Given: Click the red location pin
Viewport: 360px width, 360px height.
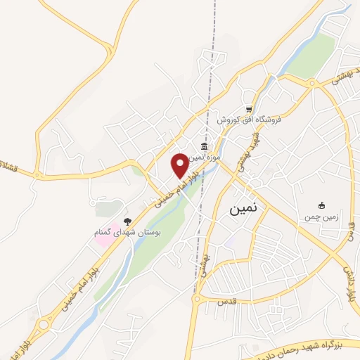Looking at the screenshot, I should (x=180, y=165).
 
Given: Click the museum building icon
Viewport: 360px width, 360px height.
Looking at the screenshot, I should (x=204, y=146).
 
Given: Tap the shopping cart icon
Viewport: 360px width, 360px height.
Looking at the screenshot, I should (x=248, y=109).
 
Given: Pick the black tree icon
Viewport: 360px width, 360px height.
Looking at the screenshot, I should (x=127, y=221).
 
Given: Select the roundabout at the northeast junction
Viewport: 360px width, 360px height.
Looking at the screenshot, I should (x=309, y=84).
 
